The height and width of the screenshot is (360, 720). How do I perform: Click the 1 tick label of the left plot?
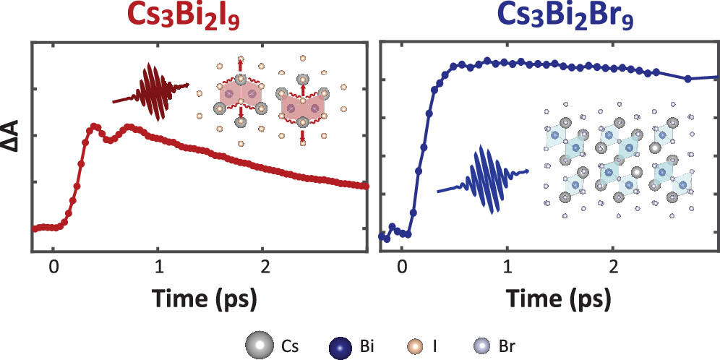[x=159, y=266]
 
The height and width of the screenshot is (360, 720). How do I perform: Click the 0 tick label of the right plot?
[x=402, y=266]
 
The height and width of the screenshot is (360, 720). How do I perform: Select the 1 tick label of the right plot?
[x=507, y=266]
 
